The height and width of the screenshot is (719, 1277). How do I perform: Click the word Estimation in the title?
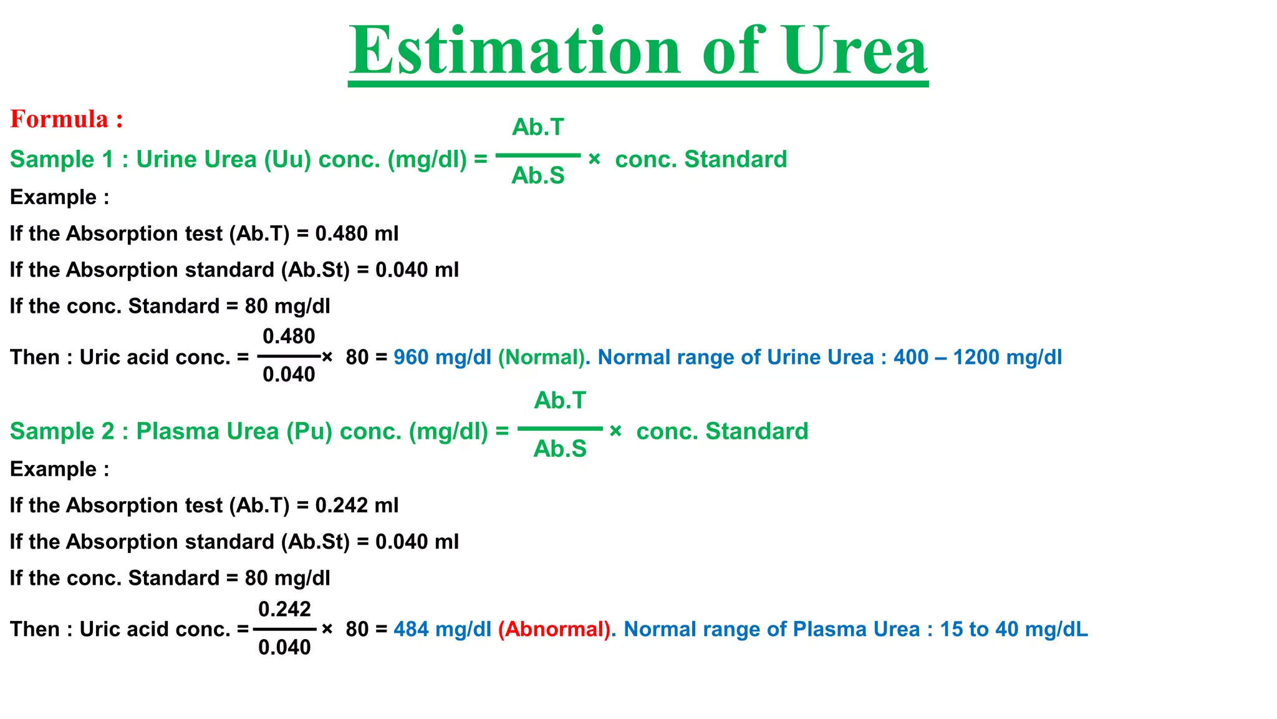(515, 51)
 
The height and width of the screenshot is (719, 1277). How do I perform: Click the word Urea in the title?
(855, 51)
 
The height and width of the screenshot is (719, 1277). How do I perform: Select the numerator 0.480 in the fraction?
(289, 336)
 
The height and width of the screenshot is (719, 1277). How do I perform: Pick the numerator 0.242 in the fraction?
(284, 609)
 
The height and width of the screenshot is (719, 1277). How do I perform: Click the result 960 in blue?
(411, 358)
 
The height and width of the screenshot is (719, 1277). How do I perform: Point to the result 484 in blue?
(411, 629)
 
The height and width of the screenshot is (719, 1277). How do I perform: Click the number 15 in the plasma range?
(951, 629)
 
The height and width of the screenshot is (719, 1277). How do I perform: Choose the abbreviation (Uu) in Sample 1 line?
(287, 160)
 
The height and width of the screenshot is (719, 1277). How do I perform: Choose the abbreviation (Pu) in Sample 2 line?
(309, 432)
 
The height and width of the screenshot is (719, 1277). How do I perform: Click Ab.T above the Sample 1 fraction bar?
(537, 127)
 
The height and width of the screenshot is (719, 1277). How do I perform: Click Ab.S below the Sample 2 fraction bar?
(560, 449)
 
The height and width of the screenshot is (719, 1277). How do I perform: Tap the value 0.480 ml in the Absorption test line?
(357, 234)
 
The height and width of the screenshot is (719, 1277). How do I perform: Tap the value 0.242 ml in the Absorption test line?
(357, 506)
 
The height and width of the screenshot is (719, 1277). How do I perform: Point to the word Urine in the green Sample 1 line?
(164, 160)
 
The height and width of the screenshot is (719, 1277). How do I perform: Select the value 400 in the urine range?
(910, 358)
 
